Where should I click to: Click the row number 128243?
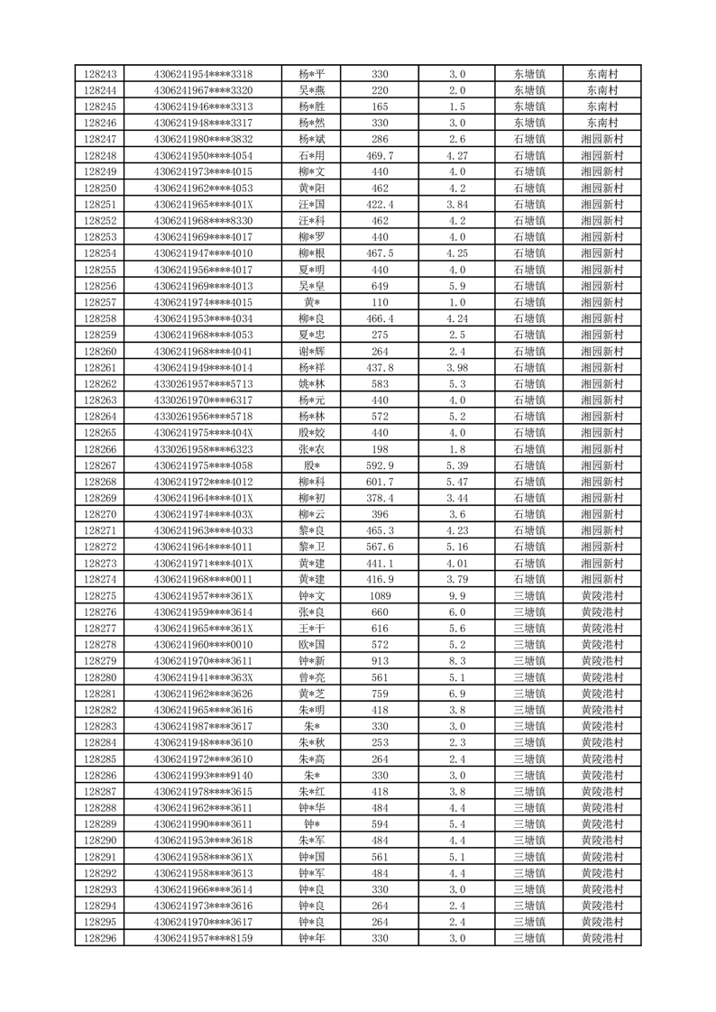point(99,74)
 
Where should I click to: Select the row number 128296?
point(99,938)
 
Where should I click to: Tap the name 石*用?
point(311,156)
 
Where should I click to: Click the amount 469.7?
point(380,156)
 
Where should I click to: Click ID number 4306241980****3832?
point(203,140)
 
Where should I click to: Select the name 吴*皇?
point(311,287)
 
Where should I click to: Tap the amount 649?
point(380,287)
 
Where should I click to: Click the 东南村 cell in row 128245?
point(601,106)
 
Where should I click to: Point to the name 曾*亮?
point(311,677)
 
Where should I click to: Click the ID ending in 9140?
point(203,776)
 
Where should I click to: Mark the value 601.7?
point(380,483)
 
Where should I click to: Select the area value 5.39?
point(456,466)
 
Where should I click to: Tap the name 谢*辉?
point(311,352)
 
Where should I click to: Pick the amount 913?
point(380,661)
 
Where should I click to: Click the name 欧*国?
point(311,645)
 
